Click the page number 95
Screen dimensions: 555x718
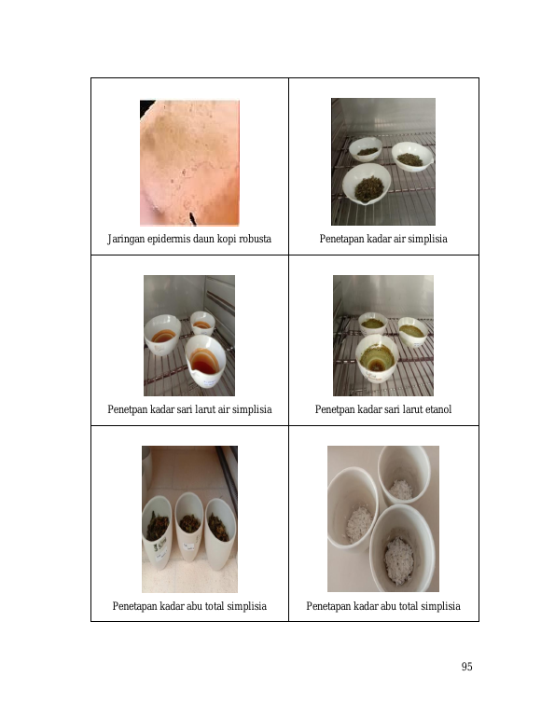466,667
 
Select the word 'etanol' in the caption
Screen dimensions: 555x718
438,409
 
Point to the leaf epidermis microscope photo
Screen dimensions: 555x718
189,162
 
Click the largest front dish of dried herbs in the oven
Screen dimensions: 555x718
366,184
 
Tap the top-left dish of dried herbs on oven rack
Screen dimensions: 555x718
366,149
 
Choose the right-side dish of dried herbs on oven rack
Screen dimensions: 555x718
412,157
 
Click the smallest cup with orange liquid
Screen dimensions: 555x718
202,324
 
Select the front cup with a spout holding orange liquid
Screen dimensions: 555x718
205,360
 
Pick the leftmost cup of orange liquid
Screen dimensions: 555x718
162,334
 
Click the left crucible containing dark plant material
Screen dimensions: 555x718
157,532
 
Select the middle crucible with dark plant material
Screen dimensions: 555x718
189,527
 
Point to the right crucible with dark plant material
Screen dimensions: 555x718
220,533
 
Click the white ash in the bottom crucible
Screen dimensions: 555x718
399,559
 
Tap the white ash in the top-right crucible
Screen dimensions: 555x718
401,489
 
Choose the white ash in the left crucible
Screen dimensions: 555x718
360,523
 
